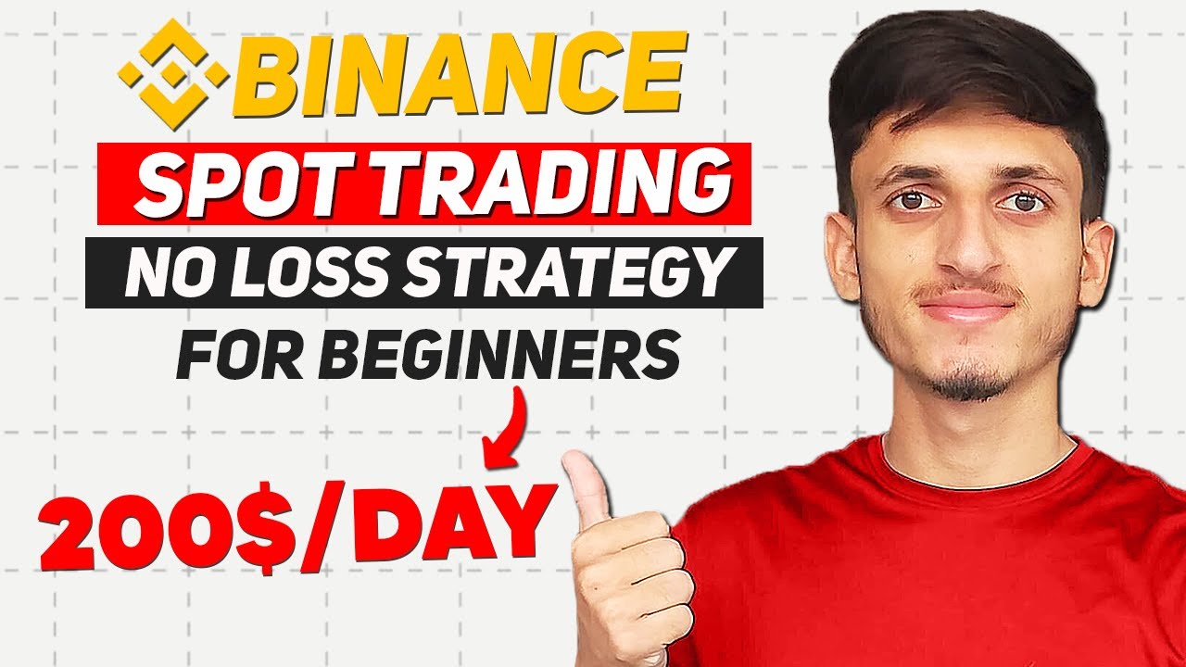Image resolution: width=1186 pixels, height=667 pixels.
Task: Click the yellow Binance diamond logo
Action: click(173, 73)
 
